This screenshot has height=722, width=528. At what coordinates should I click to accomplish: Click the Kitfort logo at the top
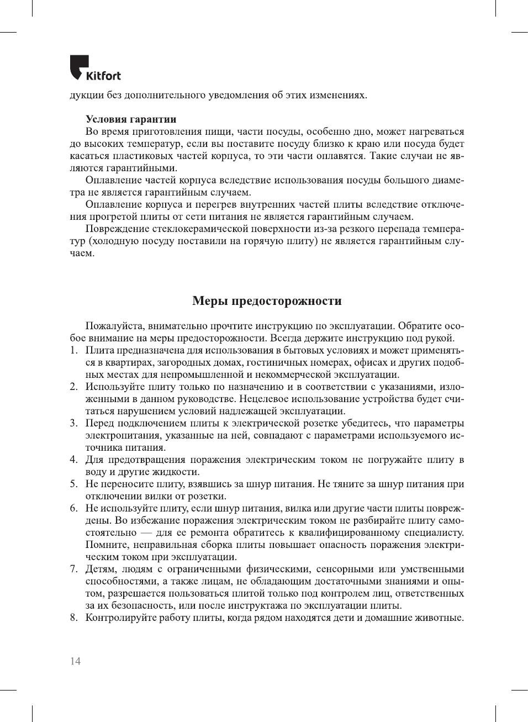95,68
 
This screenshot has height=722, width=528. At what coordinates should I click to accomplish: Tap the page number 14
75,661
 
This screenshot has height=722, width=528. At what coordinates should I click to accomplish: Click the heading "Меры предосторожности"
267,301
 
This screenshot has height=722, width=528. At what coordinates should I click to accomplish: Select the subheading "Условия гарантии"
131,119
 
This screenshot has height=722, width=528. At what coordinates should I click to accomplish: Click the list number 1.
73,350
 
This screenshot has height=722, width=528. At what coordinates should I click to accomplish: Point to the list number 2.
73,387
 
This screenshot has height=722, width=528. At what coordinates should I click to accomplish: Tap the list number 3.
73,423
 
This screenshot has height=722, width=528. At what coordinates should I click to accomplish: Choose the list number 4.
73,460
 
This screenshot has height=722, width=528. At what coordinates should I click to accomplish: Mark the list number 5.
73,484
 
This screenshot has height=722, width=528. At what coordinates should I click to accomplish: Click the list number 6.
73,508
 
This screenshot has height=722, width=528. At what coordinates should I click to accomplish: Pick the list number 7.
73,569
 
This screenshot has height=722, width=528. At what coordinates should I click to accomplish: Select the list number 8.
73,618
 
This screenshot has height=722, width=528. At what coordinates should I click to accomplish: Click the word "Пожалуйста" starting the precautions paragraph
114,326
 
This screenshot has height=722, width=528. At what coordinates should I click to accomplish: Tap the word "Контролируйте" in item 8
120,618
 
